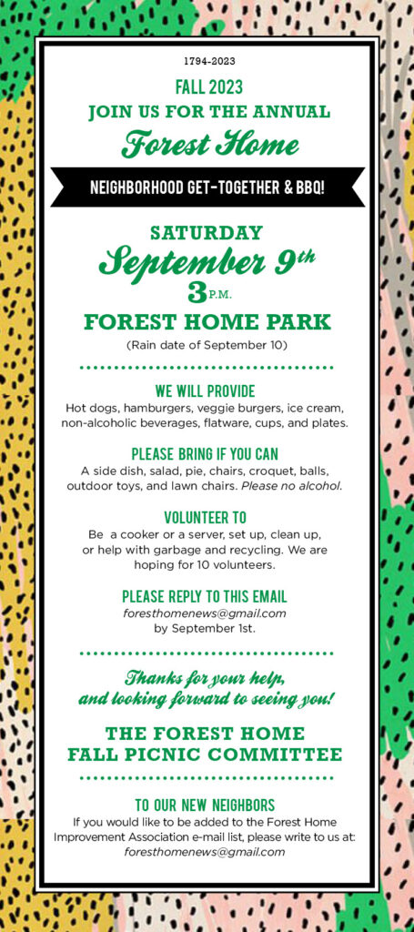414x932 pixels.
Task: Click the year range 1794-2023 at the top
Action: (209, 62)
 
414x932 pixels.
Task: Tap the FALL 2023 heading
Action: (209, 87)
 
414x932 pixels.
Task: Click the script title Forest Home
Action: (209, 145)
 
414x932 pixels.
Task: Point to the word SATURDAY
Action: (207, 232)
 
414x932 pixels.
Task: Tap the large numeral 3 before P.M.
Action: (196, 291)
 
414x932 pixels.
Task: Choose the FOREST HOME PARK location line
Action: (207, 322)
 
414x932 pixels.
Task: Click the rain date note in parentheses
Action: (207, 345)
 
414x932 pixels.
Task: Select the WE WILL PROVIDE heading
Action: (206, 391)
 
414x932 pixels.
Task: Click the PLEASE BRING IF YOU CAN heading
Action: (205, 455)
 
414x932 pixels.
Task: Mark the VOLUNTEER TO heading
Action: (206, 517)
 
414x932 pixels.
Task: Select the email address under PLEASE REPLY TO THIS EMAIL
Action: (205, 613)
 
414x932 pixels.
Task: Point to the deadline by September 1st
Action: (205, 628)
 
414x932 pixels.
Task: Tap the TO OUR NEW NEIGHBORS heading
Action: (206, 805)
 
